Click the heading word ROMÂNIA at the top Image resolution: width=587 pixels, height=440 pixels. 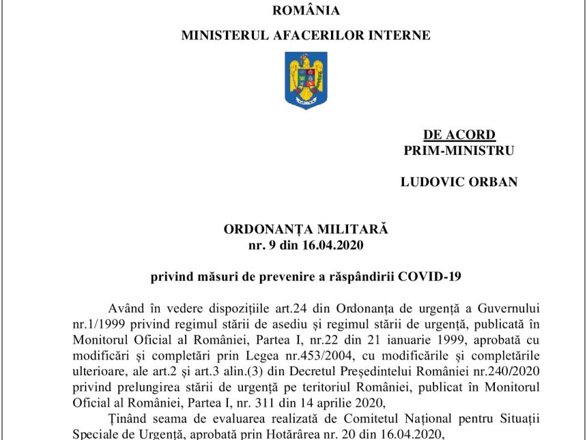306,10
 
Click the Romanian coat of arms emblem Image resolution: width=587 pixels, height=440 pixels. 306,80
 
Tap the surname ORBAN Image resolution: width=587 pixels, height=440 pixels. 495,182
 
